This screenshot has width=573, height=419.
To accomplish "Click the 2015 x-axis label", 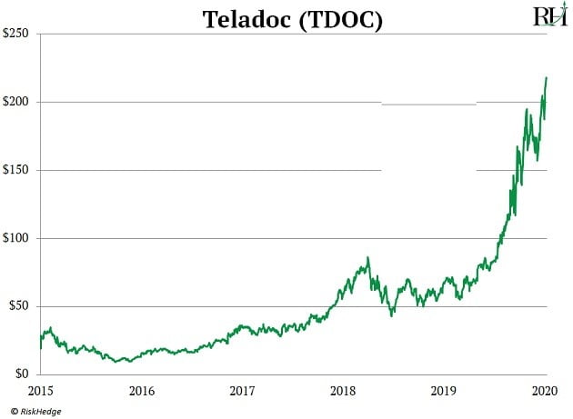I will [41, 391].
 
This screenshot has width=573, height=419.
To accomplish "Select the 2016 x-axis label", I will [142, 391].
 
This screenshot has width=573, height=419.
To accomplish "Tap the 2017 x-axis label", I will [243, 391].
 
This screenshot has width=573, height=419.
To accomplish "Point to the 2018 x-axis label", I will [344, 391].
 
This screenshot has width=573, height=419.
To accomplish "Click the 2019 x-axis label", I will [445, 391].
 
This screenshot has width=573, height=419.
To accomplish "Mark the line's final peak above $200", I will [546, 78].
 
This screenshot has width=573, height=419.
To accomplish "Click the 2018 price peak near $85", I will [367, 258].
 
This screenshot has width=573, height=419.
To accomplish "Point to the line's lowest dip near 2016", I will [128, 362].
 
